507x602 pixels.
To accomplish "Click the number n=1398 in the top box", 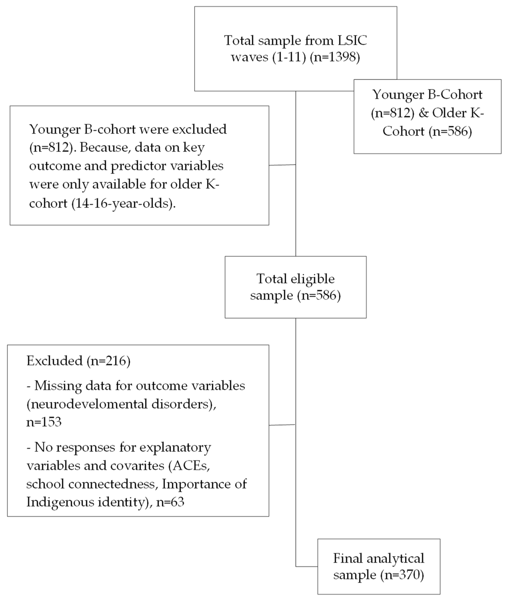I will [x=335, y=57].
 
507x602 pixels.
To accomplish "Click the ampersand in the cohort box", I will [x=423, y=113].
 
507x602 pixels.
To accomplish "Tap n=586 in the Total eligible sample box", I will [x=319, y=295].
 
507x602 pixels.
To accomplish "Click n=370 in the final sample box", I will [x=402, y=575].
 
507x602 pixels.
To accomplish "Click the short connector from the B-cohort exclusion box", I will [x=282, y=165].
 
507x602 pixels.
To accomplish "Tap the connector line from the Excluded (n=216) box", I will [x=282, y=425].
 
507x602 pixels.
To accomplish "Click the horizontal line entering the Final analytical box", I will [x=307, y=567].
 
